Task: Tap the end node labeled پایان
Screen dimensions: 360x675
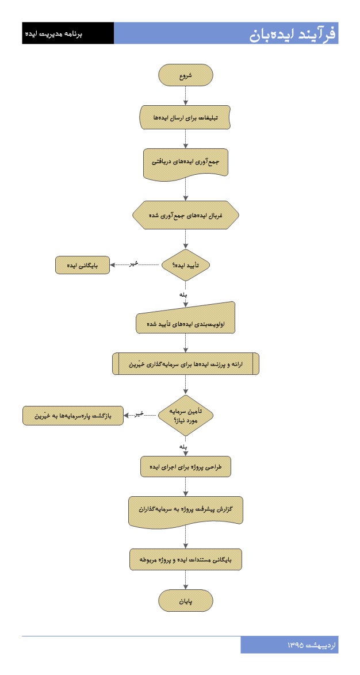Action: (x=186, y=600)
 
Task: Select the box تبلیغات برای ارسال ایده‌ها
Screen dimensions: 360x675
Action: (x=186, y=117)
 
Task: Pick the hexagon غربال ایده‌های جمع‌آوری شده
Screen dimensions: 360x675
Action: (x=186, y=215)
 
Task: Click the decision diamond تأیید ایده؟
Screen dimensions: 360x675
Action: (x=186, y=265)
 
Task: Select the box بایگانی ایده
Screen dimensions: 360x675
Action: (x=83, y=265)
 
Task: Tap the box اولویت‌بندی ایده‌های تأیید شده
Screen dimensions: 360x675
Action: (x=186, y=319)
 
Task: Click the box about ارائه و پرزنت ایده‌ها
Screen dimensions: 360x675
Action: (x=186, y=364)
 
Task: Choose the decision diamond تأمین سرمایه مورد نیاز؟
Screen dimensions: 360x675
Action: (x=186, y=416)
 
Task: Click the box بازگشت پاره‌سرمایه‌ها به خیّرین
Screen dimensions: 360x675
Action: (x=73, y=416)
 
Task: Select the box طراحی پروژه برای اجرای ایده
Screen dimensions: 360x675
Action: (x=186, y=467)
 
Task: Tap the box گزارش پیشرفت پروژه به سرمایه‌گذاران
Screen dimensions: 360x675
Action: (x=186, y=511)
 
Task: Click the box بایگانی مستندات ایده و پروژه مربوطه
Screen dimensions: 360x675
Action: (x=186, y=559)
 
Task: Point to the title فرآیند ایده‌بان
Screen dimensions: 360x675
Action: (x=293, y=33)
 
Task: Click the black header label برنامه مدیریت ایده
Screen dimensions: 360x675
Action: (x=54, y=33)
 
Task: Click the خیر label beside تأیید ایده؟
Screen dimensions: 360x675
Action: (x=135, y=264)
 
